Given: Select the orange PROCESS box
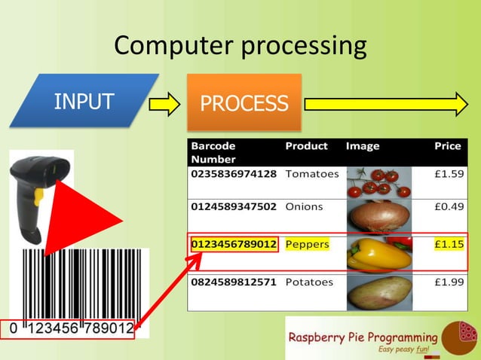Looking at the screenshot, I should (x=244, y=102).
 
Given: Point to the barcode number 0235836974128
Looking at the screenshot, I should (x=234, y=174).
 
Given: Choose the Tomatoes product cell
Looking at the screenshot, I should (x=312, y=174).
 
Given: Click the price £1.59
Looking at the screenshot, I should (x=449, y=174).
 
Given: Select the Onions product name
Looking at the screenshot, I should (x=304, y=206).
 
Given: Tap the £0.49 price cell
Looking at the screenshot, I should (x=449, y=206).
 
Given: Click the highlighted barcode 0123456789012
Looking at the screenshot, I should (x=234, y=244).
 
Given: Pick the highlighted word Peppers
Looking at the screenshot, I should (x=308, y=244).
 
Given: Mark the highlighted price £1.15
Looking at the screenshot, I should (x=449, y=244).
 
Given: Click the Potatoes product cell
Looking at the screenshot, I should (x=309, y=282).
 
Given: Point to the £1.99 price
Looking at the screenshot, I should (x=449, y=282).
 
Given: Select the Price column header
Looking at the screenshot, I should (x=448, y=146).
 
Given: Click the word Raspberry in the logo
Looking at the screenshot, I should (x=322, y=337).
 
